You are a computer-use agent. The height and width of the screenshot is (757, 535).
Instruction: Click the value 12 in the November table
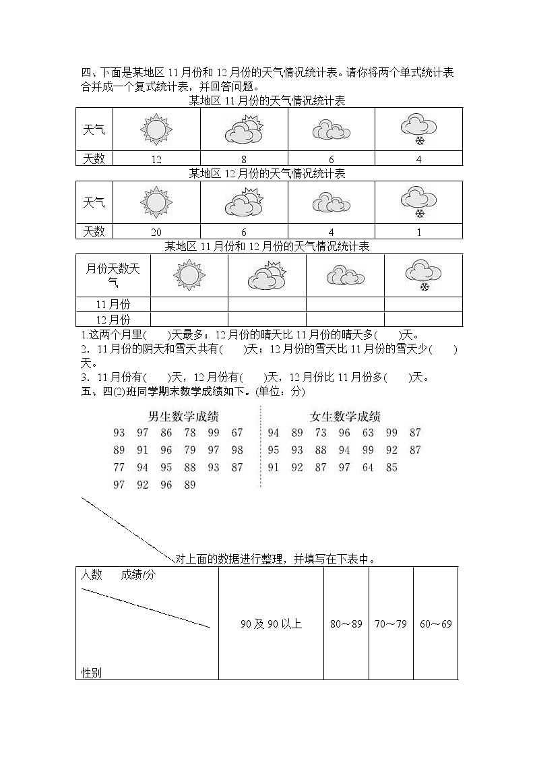tap(156, 159)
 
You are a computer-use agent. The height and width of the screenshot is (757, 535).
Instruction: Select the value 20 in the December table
tap(156, 232)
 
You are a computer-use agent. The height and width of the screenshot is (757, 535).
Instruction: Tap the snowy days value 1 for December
tap(419, 232)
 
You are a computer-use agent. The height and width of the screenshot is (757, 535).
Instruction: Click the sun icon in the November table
tap(156, 129)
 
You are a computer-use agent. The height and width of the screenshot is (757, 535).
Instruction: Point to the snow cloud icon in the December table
tap(419, 202)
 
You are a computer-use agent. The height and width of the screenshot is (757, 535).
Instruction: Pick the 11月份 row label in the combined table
tap(113, 303)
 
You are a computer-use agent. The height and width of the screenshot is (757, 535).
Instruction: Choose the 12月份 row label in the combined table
tap(113, 320)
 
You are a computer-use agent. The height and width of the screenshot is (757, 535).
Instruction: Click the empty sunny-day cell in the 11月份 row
tap(189, 303)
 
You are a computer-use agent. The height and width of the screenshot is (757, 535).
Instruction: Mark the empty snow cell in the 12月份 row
tap(423, 320)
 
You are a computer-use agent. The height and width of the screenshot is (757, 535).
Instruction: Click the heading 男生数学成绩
tap(184, 416)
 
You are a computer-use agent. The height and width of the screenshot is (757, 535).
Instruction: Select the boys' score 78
tap(190, 433)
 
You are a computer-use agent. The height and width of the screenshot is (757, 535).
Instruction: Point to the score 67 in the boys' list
tap(237, 433)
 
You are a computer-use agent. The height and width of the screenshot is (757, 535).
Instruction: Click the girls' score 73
tap(321, 433)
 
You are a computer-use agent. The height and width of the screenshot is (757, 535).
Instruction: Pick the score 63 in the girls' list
tap(368, 433)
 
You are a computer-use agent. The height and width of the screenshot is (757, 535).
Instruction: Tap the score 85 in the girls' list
tap(391, 467)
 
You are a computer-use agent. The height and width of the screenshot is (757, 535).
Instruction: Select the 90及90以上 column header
tap(271, 624)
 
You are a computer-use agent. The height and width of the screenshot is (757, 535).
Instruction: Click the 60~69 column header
tap(435, 624)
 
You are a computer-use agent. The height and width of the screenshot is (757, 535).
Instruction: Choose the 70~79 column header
tap(391, 624)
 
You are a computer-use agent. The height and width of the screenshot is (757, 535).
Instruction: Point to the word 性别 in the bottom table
tap(92, 672)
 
